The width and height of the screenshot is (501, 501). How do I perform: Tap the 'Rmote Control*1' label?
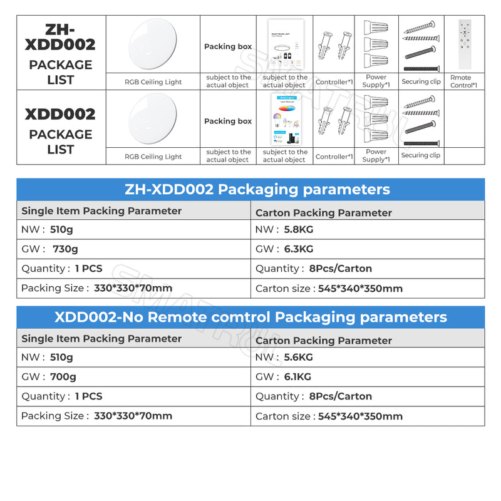click(x=463, y=81)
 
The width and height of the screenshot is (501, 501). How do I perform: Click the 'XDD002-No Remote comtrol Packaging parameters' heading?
click(x=250, y=317)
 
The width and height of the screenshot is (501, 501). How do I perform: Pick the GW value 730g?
click(x=65, y=249)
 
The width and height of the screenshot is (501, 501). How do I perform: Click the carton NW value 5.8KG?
click(x=299, y=230)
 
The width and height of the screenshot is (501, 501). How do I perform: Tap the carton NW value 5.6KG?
click(x=299, y=357)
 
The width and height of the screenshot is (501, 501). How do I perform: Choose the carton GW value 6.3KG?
click(x=299, y=249)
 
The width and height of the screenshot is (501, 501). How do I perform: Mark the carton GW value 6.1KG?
click(x=297, y=376)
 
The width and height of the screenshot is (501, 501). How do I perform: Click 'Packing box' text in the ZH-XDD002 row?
click(x=228, y=46)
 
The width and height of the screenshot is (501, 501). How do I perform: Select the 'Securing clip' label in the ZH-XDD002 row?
click(x=421, y=81)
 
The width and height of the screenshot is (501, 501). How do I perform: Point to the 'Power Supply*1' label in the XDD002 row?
click(x=376, y=155)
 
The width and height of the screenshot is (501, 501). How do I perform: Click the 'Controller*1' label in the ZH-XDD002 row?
click(x=334, y=82)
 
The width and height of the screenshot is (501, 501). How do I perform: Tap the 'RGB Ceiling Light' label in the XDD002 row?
click(x=153, y=157)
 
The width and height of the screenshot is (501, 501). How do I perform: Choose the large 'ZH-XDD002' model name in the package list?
click(x=61, y=38)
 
